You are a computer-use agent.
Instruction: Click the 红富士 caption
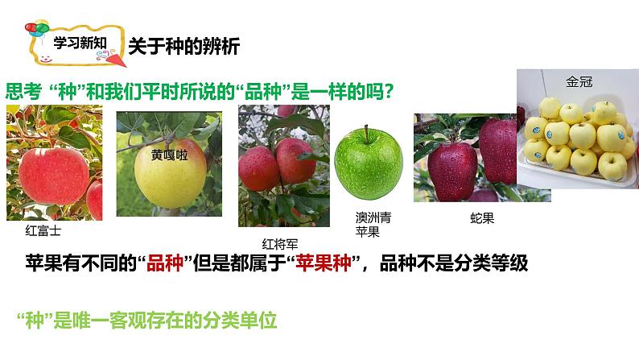coord(43,231)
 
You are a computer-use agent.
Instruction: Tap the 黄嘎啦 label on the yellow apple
coord(170,155)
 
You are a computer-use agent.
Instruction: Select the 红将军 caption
coord(280,244)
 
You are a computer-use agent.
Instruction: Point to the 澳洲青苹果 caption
coord(373,225)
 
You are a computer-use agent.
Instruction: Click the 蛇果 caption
coord(482,218)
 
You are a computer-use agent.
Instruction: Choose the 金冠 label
coord(579,81)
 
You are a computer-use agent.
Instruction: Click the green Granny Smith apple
coord(369,163)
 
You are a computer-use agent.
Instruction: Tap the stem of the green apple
coord(366,133)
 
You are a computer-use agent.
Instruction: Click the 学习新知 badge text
coord(80,43)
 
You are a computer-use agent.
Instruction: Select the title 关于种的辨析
coord(184,46)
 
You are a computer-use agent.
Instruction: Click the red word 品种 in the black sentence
coord(165,263)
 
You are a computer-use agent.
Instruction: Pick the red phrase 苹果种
coord(324,263)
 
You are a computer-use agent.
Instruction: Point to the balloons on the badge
coord(37,29)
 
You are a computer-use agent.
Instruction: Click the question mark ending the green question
coord(389,91)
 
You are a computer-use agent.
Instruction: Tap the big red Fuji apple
coord(54,176)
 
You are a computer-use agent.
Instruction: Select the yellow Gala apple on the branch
coord(171,173)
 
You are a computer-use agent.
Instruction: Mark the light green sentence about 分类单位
coord(146,321)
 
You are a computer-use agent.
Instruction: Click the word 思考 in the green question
coord(23,91)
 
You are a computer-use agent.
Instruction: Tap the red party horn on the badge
coord(115,59)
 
